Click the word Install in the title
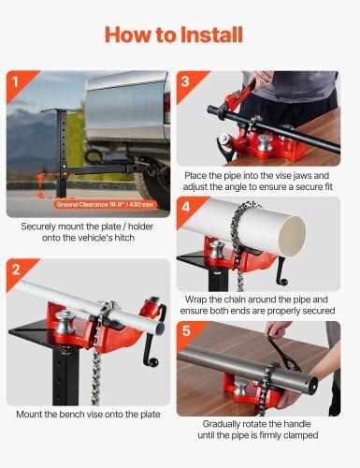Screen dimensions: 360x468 click(211, 35)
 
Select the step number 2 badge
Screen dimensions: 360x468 click(16, 270)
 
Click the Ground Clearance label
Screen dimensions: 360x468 click(105, 205)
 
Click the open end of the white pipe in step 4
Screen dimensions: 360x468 click(292, 236)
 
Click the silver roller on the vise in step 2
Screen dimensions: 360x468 click(65, 323)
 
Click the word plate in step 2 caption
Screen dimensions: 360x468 click(149, 415)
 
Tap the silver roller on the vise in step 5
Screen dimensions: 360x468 click(240, 388)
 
